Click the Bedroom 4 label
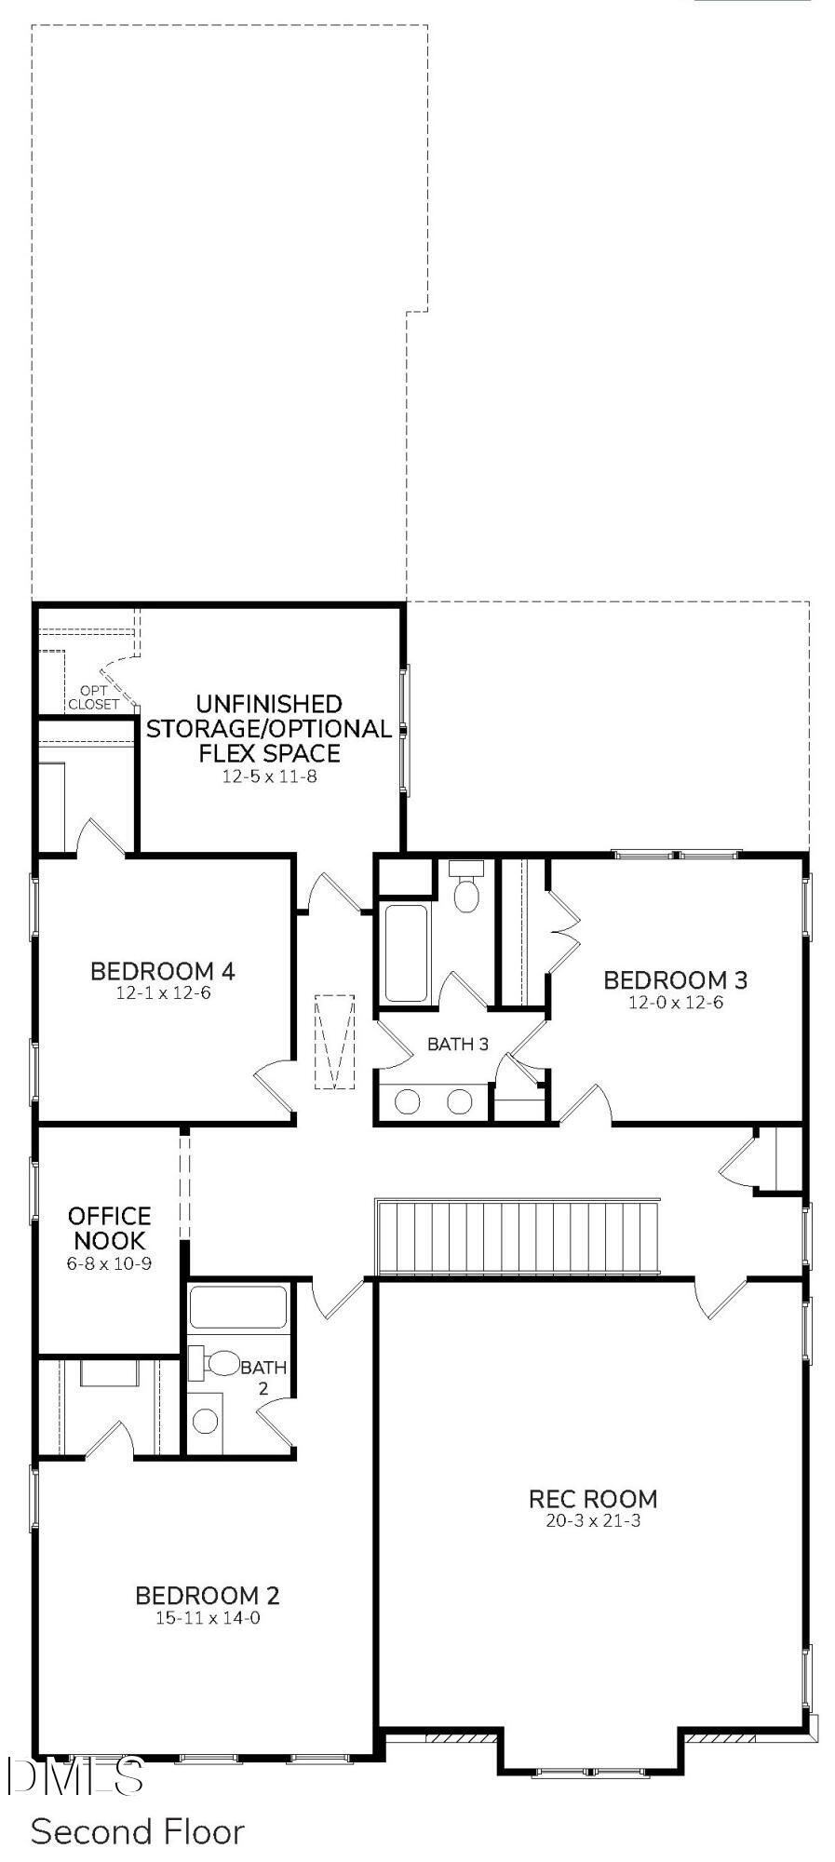coord(162,971)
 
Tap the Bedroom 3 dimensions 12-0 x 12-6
coord(675,1003)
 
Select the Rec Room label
coord(593,1499)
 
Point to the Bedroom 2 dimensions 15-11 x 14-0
coord(207,1618)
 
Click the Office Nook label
coord(109,1228)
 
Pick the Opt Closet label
coord(93,697)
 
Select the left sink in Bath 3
coord(408,1101)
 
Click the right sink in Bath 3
coord(460,1101)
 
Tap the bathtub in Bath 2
coord(237,1308)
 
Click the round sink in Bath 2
coord(206,1421)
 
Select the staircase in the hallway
coord(518,1237)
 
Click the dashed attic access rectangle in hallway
coord(334,1042)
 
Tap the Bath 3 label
coord(457,1044)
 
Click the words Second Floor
coord(137,1831)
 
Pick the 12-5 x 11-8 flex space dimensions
coord(269,776)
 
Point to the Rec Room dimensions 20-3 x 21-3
coord(593,1521)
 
